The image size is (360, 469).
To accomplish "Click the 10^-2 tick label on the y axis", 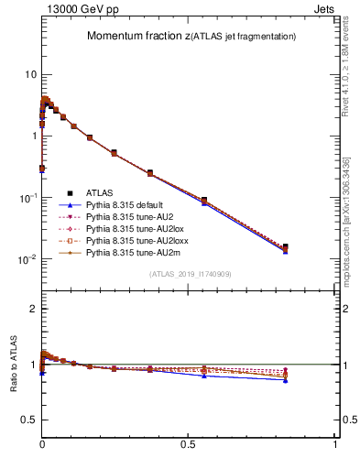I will click(27, 260).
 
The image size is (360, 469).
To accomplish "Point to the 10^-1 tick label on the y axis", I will click(27, 198).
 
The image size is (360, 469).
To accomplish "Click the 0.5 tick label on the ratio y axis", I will click(27, 419).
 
